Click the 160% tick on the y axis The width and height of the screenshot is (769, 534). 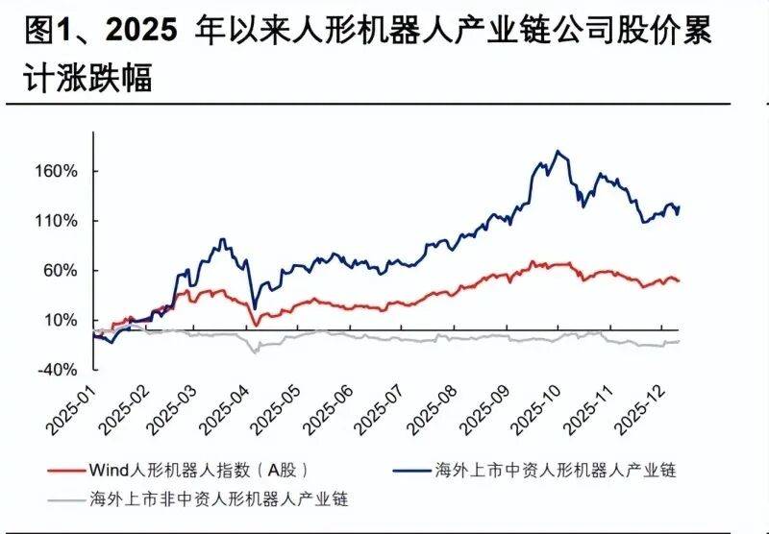(x=57, y=172)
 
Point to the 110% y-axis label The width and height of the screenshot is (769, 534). (x=57, y=221)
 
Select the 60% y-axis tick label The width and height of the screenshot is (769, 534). (x=60, y=271)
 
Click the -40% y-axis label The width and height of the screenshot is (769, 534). (x=57, y=370)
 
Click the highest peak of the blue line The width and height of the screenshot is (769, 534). (x=558, y=151)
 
